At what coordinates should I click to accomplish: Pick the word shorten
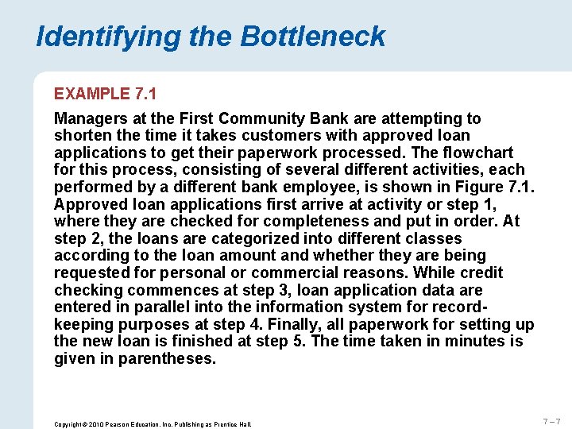click(81, 136)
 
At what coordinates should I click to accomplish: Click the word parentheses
click(167, 358)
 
